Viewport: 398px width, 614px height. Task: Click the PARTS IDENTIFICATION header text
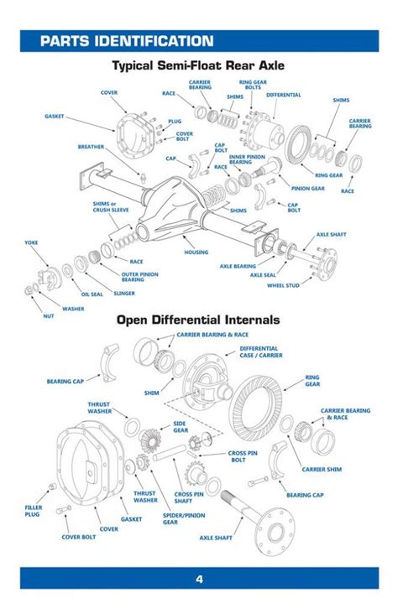[x=126, y=41]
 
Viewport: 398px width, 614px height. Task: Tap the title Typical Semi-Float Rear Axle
[x=198, y=65]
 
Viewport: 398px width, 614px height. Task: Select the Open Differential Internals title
[x=198, y=320]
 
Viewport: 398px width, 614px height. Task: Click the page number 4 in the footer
[x=199, y=579]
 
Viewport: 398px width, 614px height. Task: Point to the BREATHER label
[x=91, y=147]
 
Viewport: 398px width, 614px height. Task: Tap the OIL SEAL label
[x=92, y=294]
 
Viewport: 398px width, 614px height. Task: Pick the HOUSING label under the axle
[x=196, y=252]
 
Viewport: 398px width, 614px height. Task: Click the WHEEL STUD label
[x=283, y=285]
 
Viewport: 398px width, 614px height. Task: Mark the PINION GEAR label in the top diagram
[x=306, y=189]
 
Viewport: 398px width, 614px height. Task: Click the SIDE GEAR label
[x=180, y=426]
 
